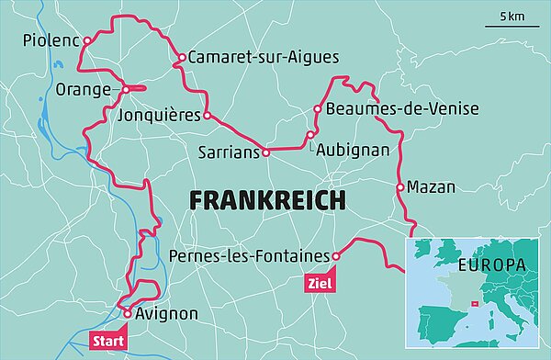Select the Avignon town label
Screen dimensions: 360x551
tap(166, 314)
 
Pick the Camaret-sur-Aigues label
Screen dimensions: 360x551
tap(264, 57)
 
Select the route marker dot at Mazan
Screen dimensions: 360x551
tap(399, 187)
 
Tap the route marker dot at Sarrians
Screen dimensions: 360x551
tap(265, 152)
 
